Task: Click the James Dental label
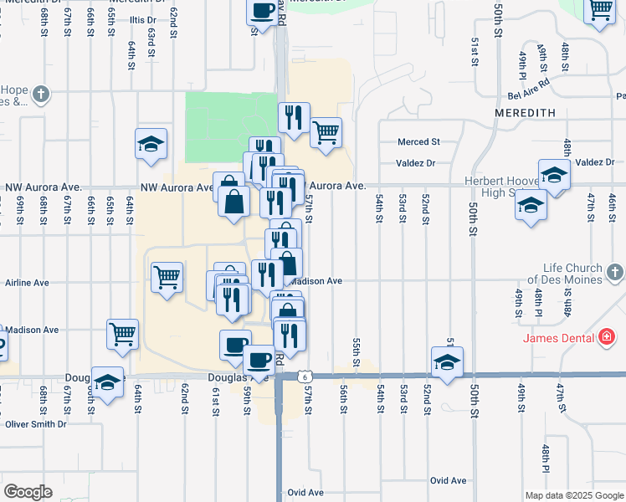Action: (x=558, y=338)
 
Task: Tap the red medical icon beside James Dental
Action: (x=608, y=338)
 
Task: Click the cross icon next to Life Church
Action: (x=614, y=273)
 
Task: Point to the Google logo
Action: (x=28, y=492)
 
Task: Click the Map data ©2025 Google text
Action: (x=575, y=495)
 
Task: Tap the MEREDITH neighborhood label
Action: (x=525, y=112)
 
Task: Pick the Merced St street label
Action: (x=418, y=142)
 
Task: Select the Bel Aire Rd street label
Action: (x=522, y=84)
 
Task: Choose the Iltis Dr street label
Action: (x=143, y=19)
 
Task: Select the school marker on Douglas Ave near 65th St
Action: (x=107, y=382)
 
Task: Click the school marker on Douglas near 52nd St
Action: (x=448, y=361)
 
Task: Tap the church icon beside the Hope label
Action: (x=40, y=95)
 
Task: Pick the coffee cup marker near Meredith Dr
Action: (x=261, y=12)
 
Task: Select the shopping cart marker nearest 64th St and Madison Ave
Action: (x=122, y=334)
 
